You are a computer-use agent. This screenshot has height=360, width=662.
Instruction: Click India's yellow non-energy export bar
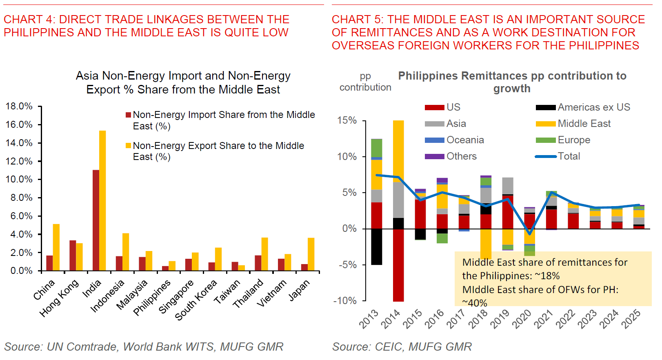pos(102,200)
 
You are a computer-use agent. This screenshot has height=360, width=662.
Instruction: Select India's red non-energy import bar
pos(96,220)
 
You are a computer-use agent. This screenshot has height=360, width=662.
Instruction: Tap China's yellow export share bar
pos(56,247)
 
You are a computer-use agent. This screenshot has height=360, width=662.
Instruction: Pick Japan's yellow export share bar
pos(311,254)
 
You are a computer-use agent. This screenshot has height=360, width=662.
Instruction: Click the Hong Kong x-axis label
pos(59,298)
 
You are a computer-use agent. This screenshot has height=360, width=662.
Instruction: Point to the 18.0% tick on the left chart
pos(19,107)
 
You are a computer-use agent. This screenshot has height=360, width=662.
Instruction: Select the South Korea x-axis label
pos(195,300)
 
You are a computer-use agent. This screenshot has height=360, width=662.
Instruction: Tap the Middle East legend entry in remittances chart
pos(584,124)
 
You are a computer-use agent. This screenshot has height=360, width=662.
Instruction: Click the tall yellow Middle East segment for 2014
pos(398,151)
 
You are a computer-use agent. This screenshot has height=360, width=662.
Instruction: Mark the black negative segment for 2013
pos(377,247)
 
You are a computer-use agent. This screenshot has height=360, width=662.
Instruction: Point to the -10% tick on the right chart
pos(345,301)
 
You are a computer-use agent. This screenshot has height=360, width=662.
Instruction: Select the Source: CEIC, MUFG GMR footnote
pos(402,347)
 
